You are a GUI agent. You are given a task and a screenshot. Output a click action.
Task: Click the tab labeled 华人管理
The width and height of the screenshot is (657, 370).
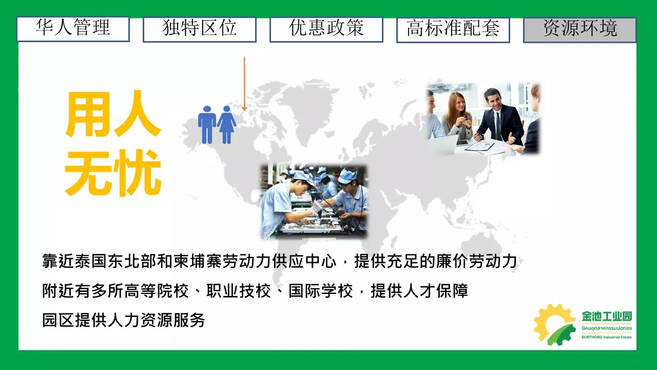pos(73,29)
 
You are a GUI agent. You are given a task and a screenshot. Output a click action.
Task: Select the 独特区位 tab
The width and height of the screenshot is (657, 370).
pos(200,29)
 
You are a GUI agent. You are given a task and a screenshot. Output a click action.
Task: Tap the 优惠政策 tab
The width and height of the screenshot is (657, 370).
pos(326,29)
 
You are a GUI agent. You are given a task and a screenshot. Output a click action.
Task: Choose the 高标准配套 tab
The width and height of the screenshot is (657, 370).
pos(453,30)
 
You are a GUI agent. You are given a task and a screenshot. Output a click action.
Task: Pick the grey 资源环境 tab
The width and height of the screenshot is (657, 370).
pos(580,30)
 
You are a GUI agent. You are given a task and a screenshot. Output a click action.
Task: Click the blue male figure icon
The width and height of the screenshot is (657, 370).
pos(207,125)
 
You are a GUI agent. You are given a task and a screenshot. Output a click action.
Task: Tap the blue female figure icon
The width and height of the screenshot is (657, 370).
pos(226,125)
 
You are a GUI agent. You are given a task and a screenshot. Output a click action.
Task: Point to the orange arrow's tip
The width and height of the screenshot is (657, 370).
pos(244,110)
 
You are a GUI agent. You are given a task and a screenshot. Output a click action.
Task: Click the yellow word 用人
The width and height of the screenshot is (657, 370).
pos(113,114)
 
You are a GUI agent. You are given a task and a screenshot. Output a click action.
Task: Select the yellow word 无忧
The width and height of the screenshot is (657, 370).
pos(113,173)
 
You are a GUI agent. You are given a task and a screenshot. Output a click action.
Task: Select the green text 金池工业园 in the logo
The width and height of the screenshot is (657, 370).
pos(607,316)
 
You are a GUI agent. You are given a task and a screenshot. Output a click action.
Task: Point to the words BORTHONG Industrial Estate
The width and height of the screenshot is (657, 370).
pos(607,337)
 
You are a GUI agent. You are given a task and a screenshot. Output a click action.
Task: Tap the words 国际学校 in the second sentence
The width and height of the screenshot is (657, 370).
pos(321,291)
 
